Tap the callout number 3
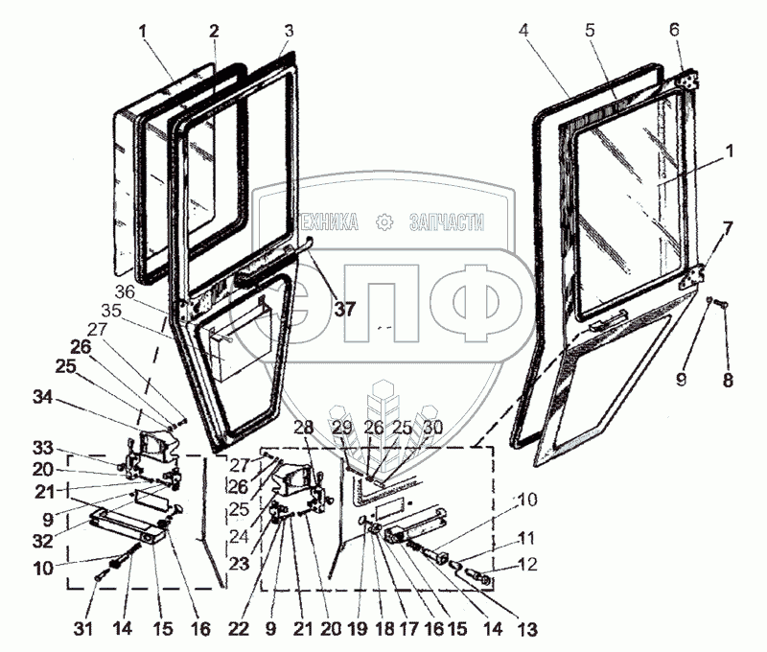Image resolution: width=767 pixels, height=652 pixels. [288, 31]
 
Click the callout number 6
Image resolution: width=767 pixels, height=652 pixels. [676, 31]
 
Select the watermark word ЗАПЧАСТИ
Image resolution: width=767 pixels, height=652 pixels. [447, 223]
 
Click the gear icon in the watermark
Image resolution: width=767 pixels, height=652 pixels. [386, 223]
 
